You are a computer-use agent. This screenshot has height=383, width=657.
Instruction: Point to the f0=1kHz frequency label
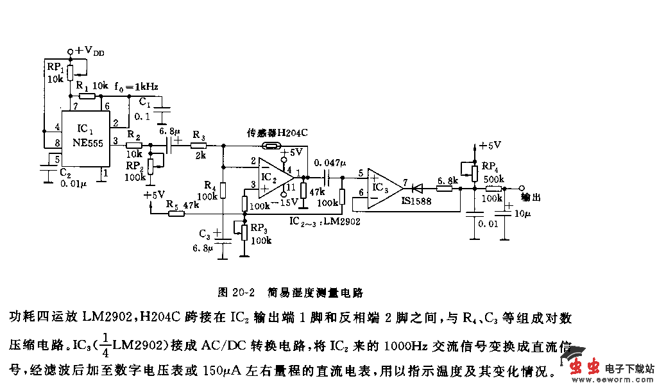click(136, 85)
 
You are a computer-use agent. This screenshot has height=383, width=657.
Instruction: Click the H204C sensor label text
click(278, 133)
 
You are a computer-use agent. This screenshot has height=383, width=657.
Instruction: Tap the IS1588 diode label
click(417, 201)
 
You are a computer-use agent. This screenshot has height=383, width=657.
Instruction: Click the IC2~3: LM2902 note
click(325, 220)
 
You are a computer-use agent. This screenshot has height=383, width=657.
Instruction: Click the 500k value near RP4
click(493, 179)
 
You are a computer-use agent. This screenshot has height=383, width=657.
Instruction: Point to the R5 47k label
click(182, 205)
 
